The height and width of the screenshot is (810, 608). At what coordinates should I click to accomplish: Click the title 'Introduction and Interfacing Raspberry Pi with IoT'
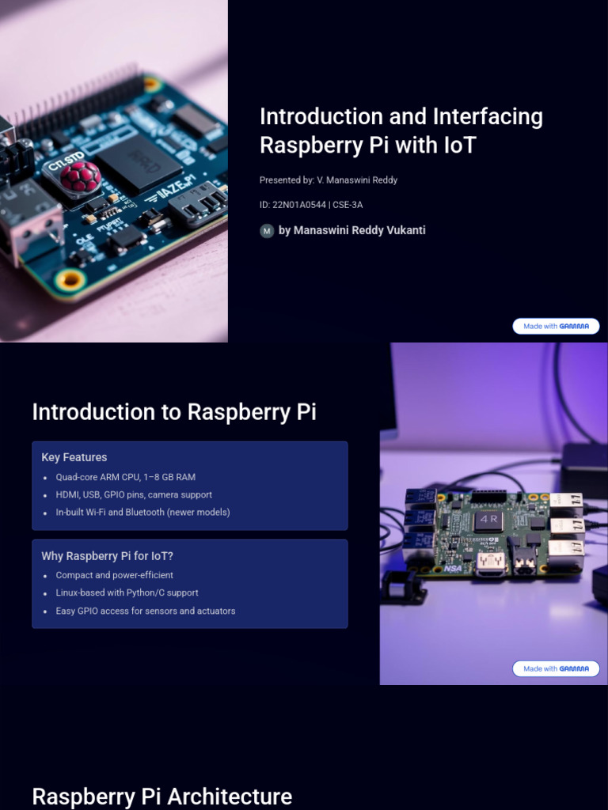[x=401, y=131]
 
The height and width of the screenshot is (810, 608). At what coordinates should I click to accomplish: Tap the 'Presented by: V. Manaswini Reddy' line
[x=329, y=180]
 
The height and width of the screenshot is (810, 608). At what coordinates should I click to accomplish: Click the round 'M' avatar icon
[x=267, y=231]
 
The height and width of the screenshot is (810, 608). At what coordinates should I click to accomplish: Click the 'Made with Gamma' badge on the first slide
[x=556, y=326]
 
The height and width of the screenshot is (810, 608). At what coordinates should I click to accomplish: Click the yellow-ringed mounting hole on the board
[x=70, y=278]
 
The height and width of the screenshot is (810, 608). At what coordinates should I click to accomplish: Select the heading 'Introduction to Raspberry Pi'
[x=174, y=412]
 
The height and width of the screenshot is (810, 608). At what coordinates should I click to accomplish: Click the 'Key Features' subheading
[x=74, y=457]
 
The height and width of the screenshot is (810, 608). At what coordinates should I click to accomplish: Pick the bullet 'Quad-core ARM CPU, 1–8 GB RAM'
[x=125, y=477]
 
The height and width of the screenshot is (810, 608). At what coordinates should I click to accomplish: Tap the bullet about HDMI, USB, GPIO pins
[x=134, y=494]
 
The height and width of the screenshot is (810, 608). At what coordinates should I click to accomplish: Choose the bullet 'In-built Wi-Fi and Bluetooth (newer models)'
[x=142, y=512]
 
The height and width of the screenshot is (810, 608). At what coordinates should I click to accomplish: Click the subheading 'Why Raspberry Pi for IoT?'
[x=107, y=556]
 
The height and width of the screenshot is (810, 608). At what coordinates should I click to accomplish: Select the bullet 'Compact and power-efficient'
[x=114, y=575]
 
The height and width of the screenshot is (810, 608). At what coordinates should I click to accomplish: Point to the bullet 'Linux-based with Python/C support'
[x=127, y=592]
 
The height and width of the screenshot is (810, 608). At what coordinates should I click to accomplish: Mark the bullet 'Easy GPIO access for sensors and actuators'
[x=145, y=611]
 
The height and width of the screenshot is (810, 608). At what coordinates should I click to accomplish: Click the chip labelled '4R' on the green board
[x=488, y=520]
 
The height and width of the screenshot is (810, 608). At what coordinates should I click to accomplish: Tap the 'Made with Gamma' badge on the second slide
[x=556, y=668]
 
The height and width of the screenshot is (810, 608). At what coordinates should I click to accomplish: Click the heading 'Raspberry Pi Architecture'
[x=162, y=796]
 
